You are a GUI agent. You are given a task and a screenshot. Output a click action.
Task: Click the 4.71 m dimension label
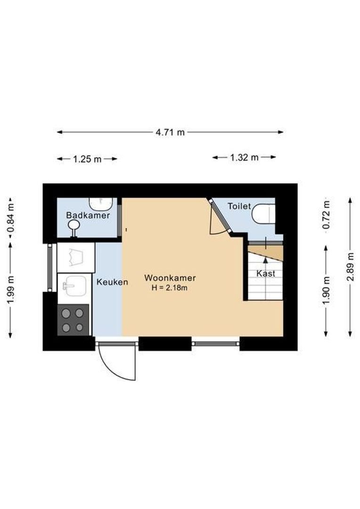pos(170,132)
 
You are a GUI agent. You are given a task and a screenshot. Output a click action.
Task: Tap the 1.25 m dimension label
pos(87,159)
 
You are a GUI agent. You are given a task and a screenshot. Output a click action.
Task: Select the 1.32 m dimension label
pos(244,158)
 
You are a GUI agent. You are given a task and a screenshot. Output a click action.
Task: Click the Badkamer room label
pos(88,215)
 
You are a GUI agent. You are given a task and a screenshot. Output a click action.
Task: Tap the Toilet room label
pos(239,206)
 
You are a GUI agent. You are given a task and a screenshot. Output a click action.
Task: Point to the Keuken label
pos(112,282)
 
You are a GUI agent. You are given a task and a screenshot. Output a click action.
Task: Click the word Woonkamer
pos(170,278)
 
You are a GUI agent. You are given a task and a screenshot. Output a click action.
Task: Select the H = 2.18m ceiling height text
pos(170,288)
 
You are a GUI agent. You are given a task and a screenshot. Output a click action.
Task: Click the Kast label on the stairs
pos(266,273)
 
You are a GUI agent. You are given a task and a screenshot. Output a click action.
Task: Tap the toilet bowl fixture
pos(263,213)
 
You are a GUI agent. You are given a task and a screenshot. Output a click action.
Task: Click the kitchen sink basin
pos(75,286)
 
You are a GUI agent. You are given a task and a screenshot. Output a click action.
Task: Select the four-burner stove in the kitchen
pos(73,320)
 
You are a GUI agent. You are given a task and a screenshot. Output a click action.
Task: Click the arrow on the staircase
pos(265,259)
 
